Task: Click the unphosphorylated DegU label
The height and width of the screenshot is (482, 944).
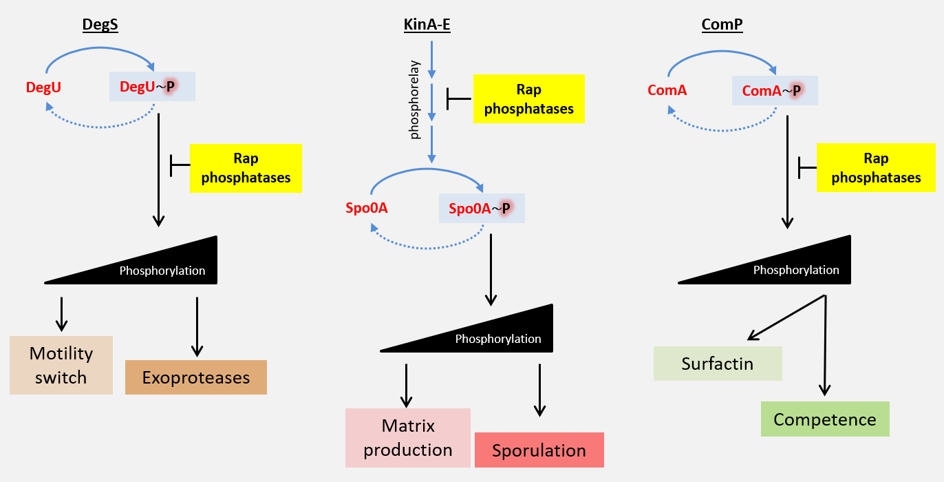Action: coord(44,87)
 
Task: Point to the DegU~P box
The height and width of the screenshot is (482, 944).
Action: coord(152,86)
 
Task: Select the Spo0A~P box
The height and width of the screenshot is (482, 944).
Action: coord(482,208)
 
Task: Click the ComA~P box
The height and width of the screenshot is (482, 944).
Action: coord(775,90)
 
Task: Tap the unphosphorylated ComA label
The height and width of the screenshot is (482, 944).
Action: coord(667,90)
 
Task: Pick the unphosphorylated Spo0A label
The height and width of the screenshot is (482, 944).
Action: coord(367,208)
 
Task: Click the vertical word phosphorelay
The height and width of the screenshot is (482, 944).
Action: coord(415,100)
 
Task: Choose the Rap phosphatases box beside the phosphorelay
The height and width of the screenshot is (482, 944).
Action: coord(528,99)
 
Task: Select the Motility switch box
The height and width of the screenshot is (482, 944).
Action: coord(61,365)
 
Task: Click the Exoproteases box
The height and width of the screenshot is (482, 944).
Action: coord(195,377)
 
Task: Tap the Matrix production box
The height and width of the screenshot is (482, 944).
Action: coord(408,438)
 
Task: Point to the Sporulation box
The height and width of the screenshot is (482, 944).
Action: coord(539,450)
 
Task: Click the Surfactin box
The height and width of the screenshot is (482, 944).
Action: coord(718,364)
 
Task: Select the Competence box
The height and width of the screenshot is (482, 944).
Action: coord(825,419)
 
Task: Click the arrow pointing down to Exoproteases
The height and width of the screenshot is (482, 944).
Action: coord(197,326)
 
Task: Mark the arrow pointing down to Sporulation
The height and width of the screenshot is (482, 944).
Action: coord(540,390)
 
